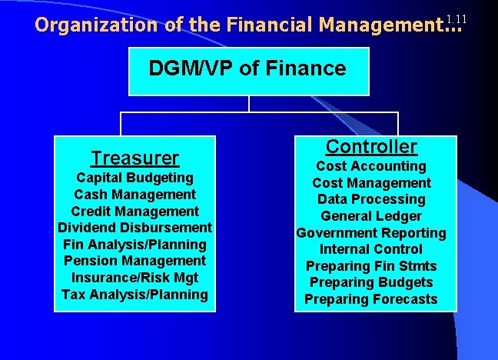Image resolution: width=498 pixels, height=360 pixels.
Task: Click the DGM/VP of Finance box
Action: [x=247, y=70]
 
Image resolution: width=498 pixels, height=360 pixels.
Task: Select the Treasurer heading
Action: [x=134, y=158]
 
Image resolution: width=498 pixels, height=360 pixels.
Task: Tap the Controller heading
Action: [x=371, y=146]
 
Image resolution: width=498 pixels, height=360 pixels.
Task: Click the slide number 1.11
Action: [x=456, y=18]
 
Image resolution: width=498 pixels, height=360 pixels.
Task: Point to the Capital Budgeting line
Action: [x=134, y=178]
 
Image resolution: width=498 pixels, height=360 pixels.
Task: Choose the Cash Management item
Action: [x=134, y=195]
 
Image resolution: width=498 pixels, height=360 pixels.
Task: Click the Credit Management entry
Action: [x=134, y=212]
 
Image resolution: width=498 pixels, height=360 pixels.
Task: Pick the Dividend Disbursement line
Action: [x=134, y=228]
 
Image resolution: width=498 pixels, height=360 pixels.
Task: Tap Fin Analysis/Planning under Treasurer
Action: [x=134, y=245]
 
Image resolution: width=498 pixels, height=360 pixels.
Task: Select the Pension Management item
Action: [x=134, y=261]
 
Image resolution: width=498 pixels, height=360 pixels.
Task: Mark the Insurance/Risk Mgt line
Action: [x=134, y=278]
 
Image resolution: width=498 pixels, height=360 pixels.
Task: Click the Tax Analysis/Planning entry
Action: [x=134, y=294]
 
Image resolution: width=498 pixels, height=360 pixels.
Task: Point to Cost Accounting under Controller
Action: [x=371, y=166]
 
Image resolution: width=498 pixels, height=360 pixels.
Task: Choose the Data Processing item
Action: [x=371, y=199]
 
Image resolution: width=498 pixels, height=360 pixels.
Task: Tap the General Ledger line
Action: [x=371, y=216]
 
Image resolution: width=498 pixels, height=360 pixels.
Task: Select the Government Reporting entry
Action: [x=371, y=232]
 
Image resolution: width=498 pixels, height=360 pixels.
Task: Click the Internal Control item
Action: [x=371, y=249]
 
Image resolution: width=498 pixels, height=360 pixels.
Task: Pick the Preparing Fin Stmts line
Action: [x=371, y=266]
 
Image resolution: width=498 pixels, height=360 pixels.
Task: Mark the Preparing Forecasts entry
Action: [x=371, y=299]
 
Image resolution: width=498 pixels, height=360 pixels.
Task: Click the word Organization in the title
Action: [x=97, y=25]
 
